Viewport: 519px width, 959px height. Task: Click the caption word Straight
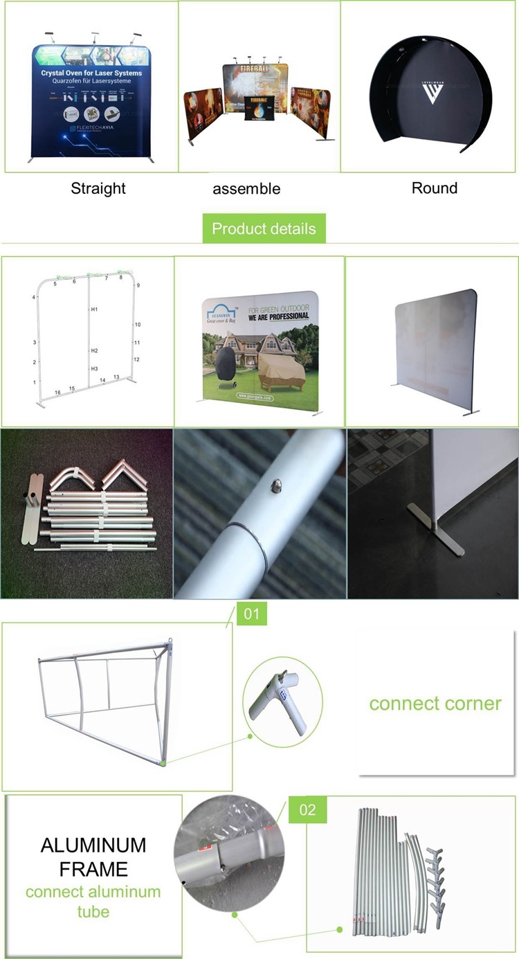pyautogui.click(x=98, y=188)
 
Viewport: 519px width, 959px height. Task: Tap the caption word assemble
pyautogui.click(x=246, y=189)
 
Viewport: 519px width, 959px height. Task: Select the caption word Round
pyautogui.click(x=435, y=188)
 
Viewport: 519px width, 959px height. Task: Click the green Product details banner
pyautogui.click(x=264, y=228)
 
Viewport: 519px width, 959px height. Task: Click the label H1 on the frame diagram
pyautogui.click(x=95, y=309)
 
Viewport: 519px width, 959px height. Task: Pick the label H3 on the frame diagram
pyautogui.click(x=95, y=368)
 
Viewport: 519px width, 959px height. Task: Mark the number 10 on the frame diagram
pyautogui.click(x=138, y=325)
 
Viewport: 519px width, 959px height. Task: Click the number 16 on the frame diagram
pyautogui.click(x=58, y=393)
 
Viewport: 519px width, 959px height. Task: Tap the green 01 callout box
pyautogui.click(x=252, y=613)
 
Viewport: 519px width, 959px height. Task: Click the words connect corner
pyautogui.click(x=435, y=703)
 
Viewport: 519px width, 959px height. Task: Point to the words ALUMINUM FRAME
pyautogui.click(x=93, y=857)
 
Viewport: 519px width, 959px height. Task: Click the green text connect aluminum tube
pyautogui.click(x=93, y=902)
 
